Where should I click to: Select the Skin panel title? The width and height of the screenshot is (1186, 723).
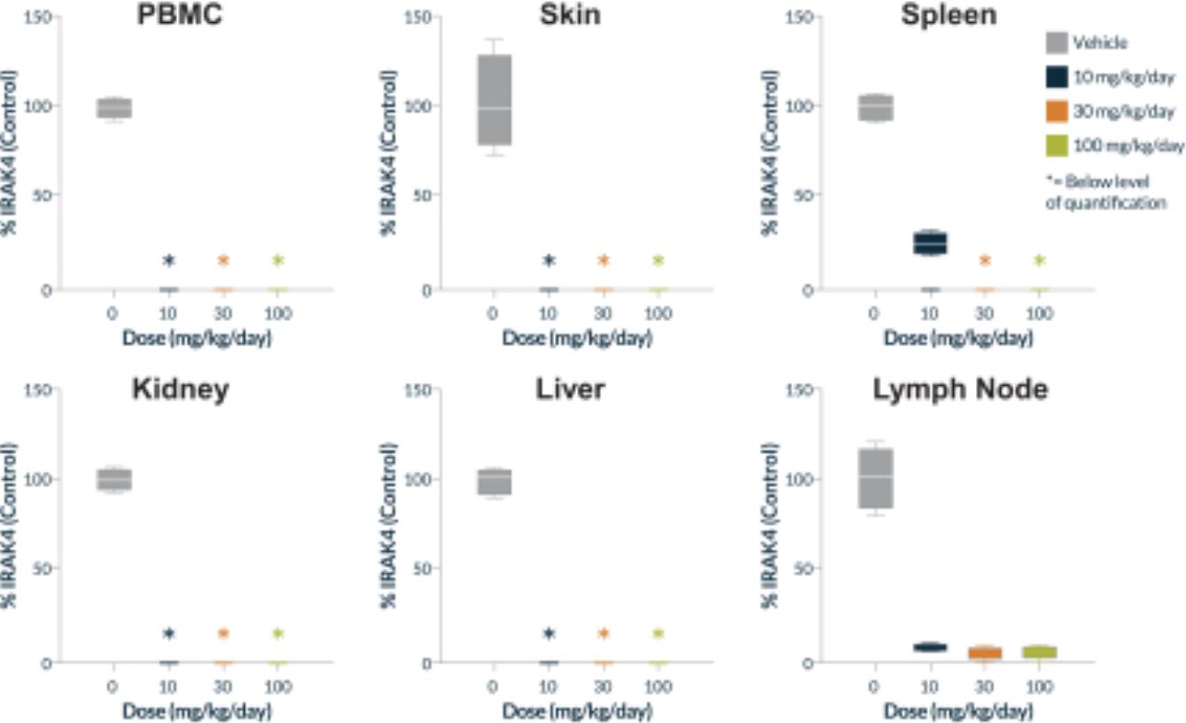570,15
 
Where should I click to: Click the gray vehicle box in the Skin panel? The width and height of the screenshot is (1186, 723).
495,99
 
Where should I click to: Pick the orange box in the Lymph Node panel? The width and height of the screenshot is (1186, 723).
985,653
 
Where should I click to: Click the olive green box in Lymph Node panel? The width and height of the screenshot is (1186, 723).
1039,652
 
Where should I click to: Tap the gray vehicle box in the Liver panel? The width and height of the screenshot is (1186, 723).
495,481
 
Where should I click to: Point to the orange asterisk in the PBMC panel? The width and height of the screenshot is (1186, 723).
223,261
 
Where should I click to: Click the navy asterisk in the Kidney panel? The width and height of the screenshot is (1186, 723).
168,634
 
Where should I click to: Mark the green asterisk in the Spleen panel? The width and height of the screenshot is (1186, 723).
1040,261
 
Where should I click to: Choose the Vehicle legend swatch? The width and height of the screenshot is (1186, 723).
1055,43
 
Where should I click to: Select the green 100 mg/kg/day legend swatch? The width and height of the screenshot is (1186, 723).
1055,145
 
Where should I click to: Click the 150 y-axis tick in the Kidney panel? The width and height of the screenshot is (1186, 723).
40,389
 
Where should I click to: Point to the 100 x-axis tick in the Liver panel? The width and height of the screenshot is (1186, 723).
658,688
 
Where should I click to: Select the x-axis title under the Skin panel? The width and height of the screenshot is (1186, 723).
576,339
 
